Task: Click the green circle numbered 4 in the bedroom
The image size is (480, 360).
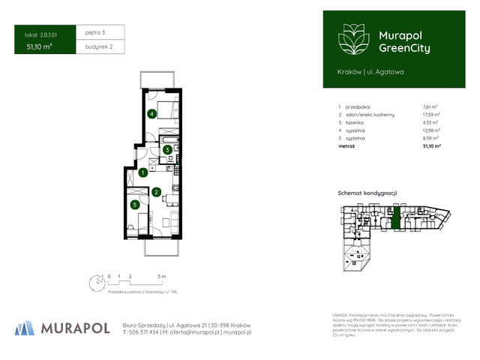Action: coord(152,114)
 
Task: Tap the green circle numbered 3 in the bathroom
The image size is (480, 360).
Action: coord(168,149)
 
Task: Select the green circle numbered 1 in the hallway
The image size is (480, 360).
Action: coord(142,172)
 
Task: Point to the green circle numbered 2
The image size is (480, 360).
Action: coord(155,192)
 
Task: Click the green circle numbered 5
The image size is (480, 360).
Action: coord(134,204)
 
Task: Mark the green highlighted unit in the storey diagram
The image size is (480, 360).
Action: coord(396,219)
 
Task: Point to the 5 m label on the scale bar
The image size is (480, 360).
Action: coord(172,276)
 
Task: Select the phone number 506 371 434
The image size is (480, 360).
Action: coord(145,331)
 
